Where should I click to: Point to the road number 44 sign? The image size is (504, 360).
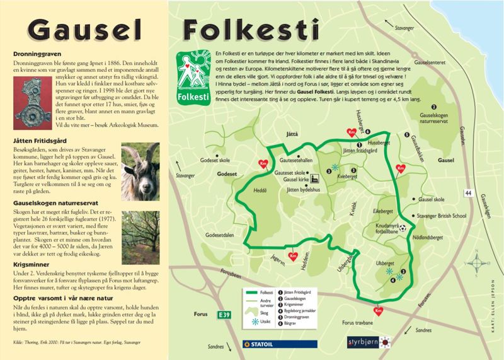tap(467, 192)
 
